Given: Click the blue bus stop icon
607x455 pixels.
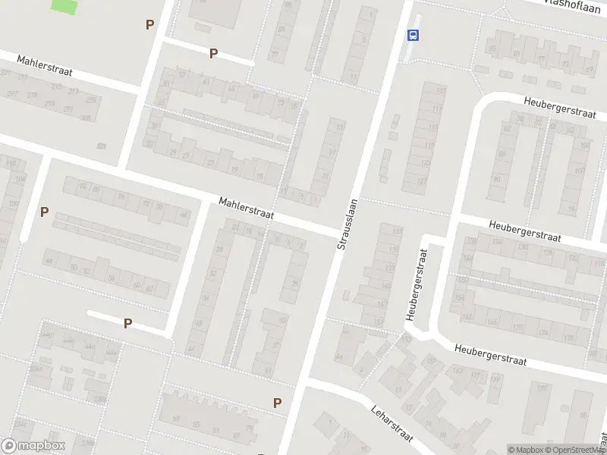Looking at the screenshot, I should pos(414,35).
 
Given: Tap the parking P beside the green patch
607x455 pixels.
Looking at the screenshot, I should pos(149,24).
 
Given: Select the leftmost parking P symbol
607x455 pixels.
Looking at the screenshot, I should pos(45,212).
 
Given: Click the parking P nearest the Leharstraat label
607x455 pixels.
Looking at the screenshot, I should pos(278,403).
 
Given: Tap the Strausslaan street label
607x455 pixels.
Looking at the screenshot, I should pos(347,224).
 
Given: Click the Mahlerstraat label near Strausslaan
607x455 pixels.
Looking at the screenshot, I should pos(246,209).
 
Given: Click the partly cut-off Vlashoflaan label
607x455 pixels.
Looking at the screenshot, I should pos(578,4).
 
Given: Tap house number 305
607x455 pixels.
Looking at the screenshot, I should pos(86,118).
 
